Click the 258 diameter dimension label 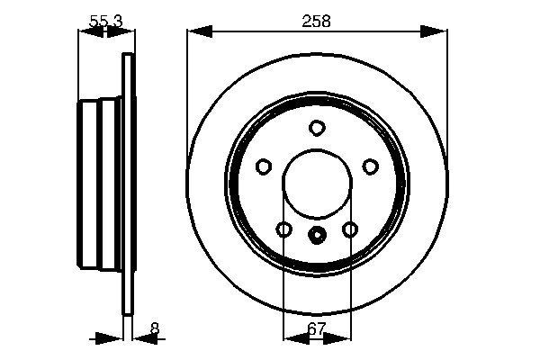[x=317, y=21]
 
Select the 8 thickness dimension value [x=154, y=329]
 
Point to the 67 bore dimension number [x=316, y=329]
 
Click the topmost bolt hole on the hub [x=316, y=128]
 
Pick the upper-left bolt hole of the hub [x=264, y=166]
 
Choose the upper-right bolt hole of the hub [x=369, y=166]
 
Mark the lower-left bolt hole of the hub [x=283, y=229]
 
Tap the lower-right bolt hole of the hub [x=349, y=229]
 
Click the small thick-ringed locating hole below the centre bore [x=316, y=237]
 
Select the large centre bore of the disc [x=316, y=184]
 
